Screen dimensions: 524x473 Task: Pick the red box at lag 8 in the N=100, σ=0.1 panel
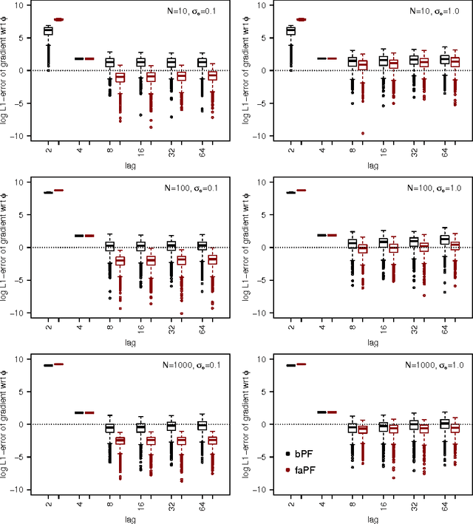120,260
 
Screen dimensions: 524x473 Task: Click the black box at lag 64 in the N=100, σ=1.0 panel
444,239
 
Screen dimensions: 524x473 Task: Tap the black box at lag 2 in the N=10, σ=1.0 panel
290,30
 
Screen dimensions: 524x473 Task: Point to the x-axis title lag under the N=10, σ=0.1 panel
129,167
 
